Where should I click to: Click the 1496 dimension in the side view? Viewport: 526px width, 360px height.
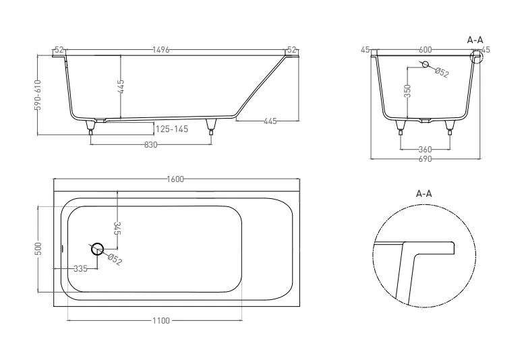coord(161,50)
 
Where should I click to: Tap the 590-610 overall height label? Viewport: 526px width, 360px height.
coord(38,95)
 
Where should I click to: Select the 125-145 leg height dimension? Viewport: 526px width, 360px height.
coord(172,129)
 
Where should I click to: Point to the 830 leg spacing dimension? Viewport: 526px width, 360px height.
coord(150,144)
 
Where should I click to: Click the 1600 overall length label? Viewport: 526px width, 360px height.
coord(175,179)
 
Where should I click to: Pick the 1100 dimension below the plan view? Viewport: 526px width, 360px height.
coord(161,321)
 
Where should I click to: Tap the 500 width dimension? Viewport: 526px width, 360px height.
coord(38,249)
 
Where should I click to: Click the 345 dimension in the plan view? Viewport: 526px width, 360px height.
coord(117,228)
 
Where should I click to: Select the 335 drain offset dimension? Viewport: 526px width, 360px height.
coord(80,269)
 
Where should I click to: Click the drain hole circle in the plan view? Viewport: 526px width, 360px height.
coord(97,249)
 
